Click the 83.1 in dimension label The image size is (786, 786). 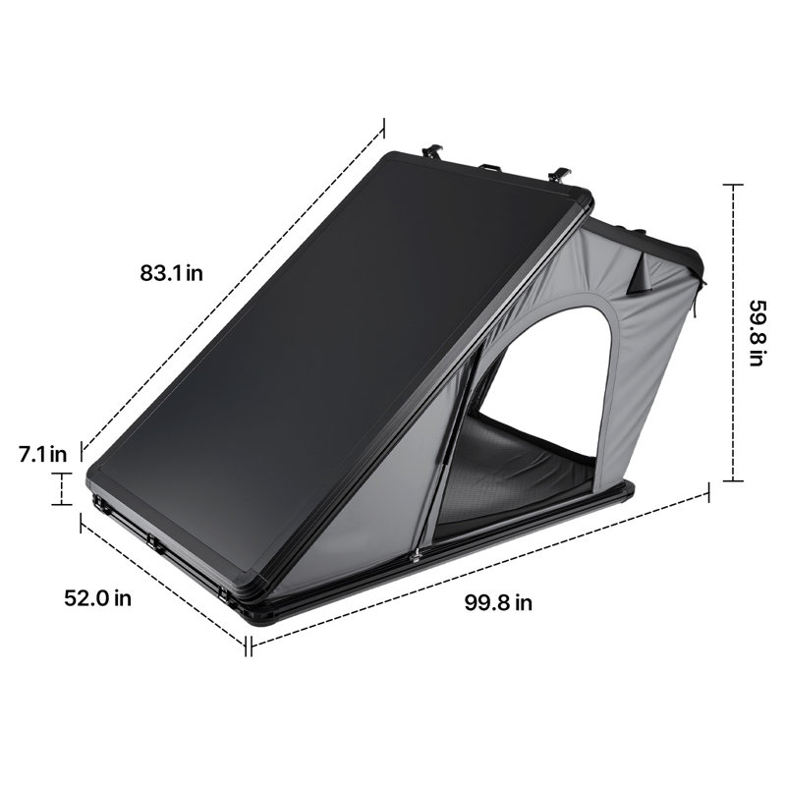point(171,273)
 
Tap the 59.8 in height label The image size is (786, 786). point(757,332)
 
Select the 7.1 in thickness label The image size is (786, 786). point(42,454)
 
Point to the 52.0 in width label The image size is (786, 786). point(97,598)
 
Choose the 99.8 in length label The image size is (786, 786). point(498,602)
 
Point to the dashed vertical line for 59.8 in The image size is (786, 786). point(733,332)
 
